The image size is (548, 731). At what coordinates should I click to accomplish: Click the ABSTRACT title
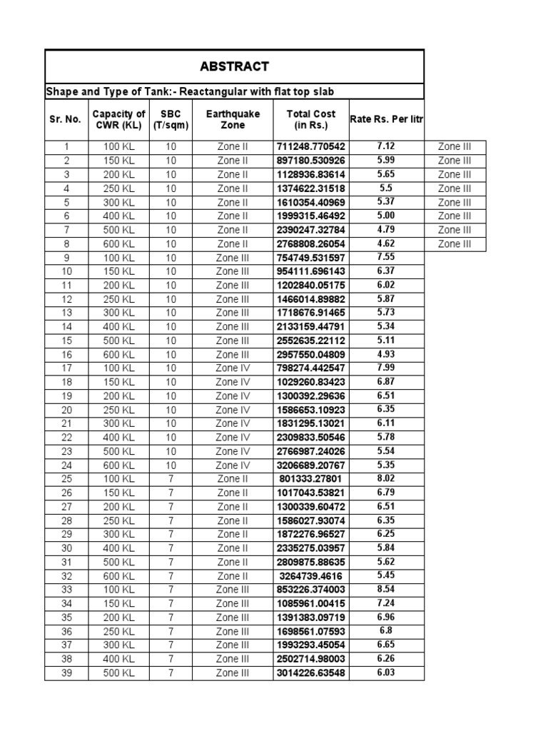[234, 66]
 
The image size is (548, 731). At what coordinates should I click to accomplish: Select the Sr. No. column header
[66, 119]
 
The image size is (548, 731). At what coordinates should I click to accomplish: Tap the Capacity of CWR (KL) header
[119, 119]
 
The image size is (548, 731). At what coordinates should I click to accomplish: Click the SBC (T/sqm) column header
[171, 119]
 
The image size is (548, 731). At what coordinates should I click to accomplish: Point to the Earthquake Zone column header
[233, 119]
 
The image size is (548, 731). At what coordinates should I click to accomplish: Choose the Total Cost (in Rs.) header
[310, 119]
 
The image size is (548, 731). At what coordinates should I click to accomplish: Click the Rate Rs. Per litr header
[386, 119]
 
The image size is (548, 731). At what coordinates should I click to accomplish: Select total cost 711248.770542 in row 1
[310, 147]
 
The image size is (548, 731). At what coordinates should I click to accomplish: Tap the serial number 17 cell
[66, 368]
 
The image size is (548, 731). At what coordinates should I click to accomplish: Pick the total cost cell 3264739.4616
[310, 576]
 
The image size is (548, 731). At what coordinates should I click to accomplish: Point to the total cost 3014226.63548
[310, 673]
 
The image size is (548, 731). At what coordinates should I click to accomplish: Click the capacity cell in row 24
[119, 465]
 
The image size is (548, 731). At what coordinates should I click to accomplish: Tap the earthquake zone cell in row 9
[233, 258]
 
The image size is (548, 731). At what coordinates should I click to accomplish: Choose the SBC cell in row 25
[171, 479]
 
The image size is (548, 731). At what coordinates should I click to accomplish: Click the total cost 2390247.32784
[310, 230]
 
